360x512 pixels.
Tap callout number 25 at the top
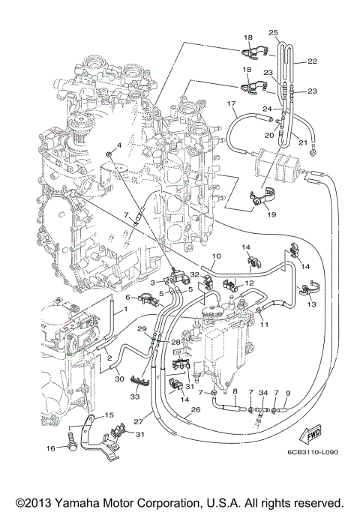pos(273,32)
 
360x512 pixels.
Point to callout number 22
pos(313,61)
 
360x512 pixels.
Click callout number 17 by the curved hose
pos(232,102)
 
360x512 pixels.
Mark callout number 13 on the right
pos(311,305)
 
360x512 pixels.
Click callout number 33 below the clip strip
pos(136,397)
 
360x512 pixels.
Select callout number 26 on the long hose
pos(194,410)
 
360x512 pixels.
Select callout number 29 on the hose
pos(141,329)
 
